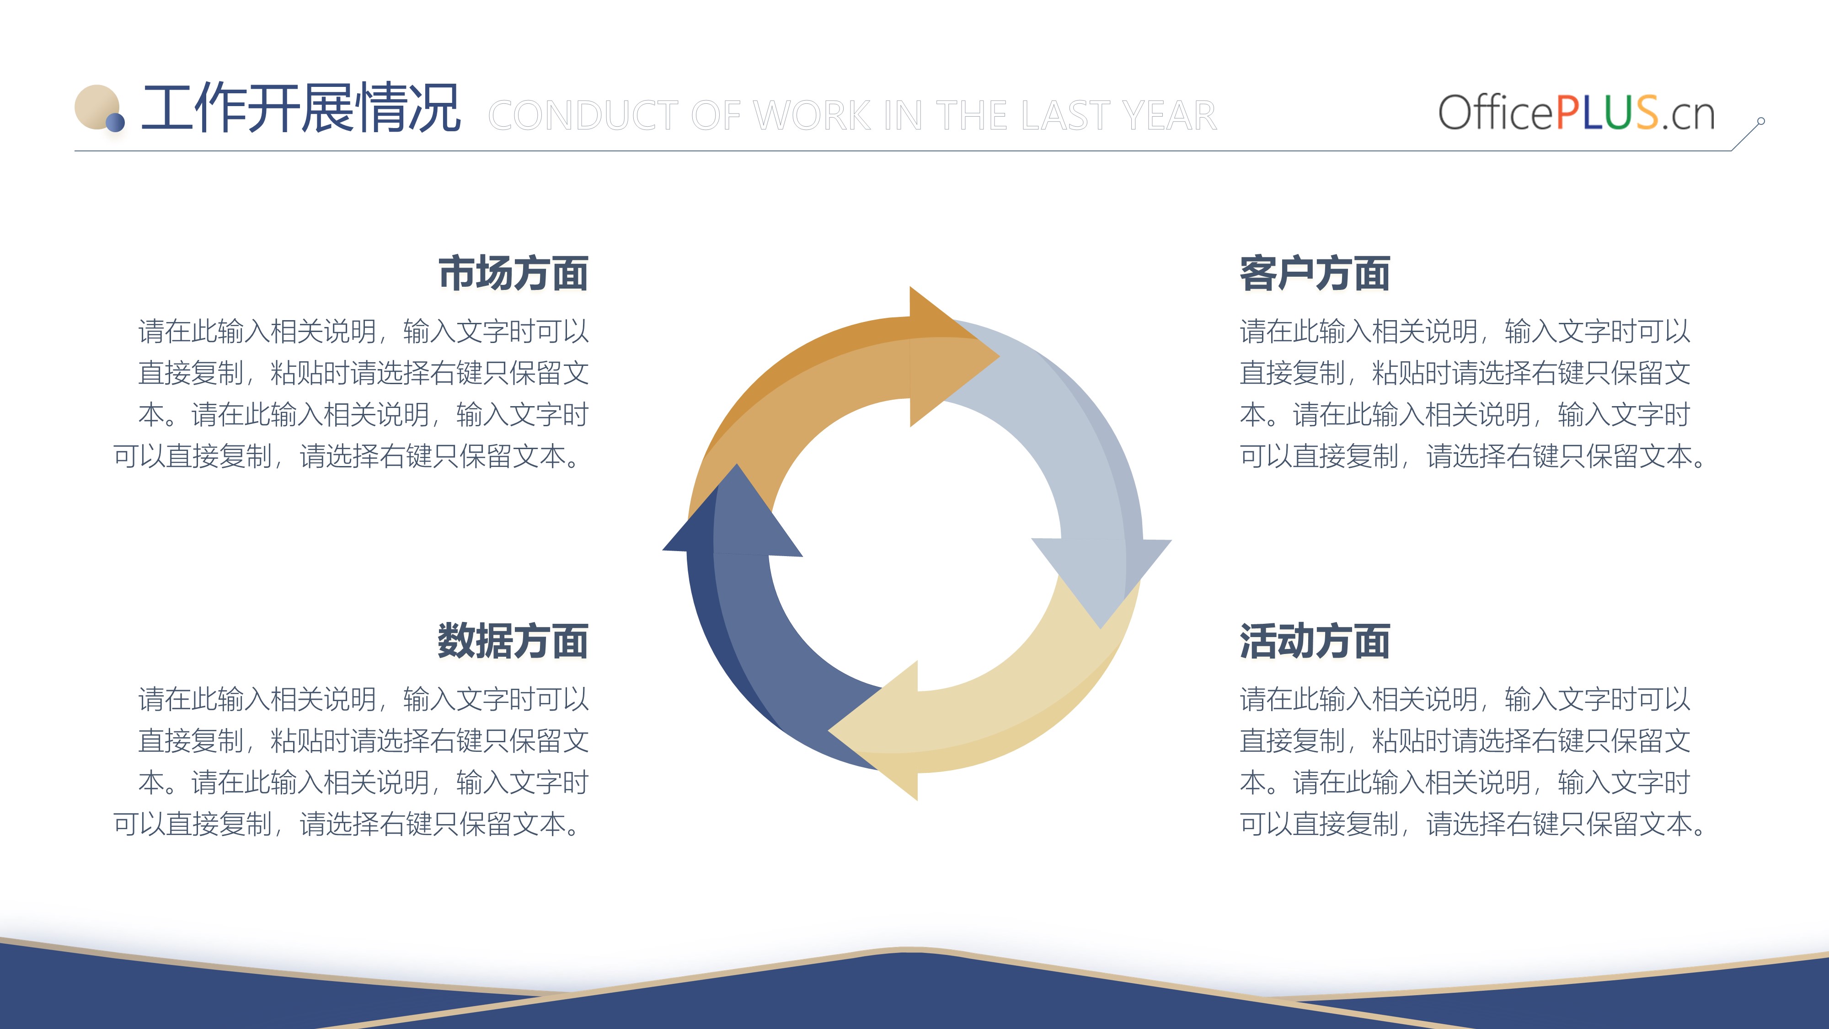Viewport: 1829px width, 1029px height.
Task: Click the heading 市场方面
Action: click(x=513, y=273)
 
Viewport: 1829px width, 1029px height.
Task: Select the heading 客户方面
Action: click(x=1315, y=273)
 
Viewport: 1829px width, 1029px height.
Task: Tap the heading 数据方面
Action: click(x=513, y=641)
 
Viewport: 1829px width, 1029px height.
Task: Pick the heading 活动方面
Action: click(x=1315, y=641)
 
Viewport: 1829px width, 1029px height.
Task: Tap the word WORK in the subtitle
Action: click(x=812, y=116)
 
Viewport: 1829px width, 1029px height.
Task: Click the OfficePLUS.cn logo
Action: click(x=1576, y=112)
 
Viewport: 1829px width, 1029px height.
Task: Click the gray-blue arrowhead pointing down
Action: click(x=1101, y=579)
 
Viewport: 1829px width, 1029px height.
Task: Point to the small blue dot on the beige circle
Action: click(x=115, y=123)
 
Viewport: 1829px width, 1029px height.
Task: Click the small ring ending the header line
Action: click(x=1761, y=122)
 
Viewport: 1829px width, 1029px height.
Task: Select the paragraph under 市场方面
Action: click(x=351, y=393)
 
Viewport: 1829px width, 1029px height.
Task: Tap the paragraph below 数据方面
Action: click(x=351, y=761)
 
